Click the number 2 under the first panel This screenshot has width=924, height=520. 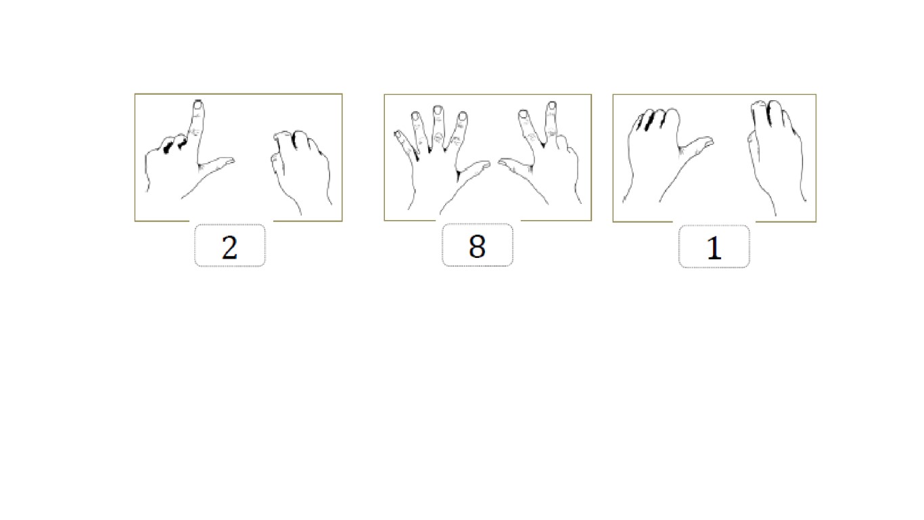[230, 248]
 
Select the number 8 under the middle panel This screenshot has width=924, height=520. [478, 246]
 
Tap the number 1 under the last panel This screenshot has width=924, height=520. [714, 248]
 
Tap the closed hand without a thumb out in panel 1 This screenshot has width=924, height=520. [775, 157]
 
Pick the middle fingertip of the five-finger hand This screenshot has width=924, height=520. [438, 110]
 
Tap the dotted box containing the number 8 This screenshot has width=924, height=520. [478, 245]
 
